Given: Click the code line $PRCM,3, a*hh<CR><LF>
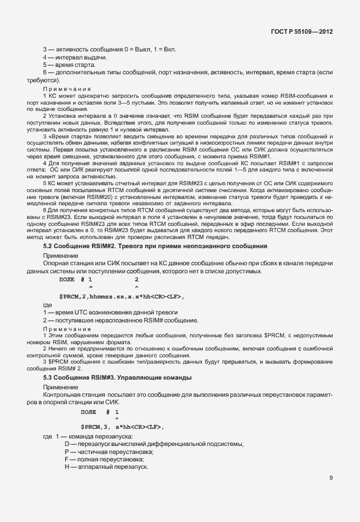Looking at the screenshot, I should (122, 427).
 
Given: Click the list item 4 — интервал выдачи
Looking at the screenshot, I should (75, 57).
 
